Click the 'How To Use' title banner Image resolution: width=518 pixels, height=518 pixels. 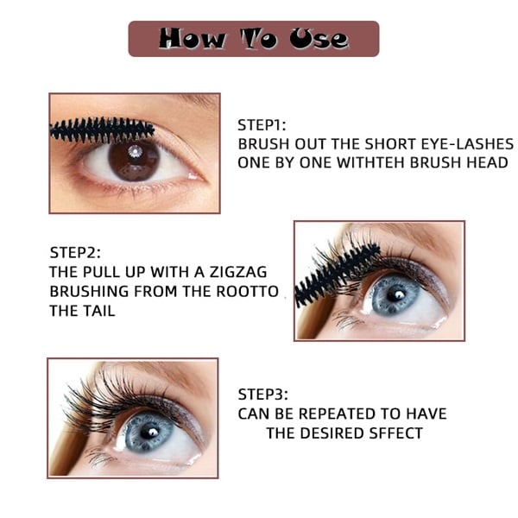point(254,39)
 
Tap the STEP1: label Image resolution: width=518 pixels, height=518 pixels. point(262,124)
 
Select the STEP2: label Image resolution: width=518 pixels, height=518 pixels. point(75,253)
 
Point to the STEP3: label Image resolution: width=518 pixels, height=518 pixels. point(262,395)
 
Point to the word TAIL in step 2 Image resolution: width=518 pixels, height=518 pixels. point(98,312)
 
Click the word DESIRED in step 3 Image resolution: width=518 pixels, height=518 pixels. point(342,433)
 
